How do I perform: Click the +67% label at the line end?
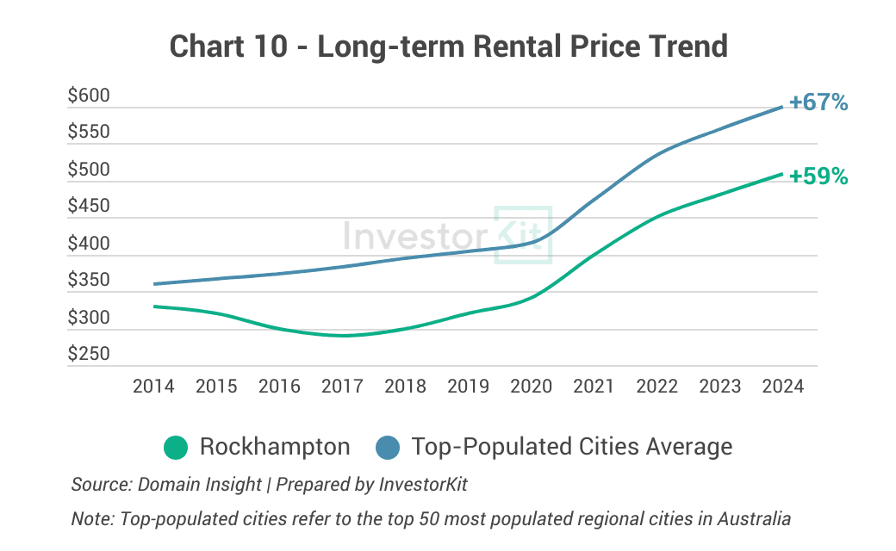pos(818,102)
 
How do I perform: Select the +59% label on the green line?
pos(818,176)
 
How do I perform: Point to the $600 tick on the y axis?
pos(90,96)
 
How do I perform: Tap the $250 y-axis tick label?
pos(90,354)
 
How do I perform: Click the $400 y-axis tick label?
pos(90,244)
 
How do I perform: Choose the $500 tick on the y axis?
pos(90,170)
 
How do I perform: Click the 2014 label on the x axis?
pos(153,386)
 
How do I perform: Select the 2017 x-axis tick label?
pos(342,386)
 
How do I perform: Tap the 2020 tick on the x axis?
pos(531,386)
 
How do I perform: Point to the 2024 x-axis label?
pos(782,386)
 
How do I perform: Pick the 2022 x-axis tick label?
pos(656,386)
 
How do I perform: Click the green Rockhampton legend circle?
pos(176,448)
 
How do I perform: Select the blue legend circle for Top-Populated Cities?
pos(388,448)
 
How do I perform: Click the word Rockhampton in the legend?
pos(275,447)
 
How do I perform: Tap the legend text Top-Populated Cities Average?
pos(572,447)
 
